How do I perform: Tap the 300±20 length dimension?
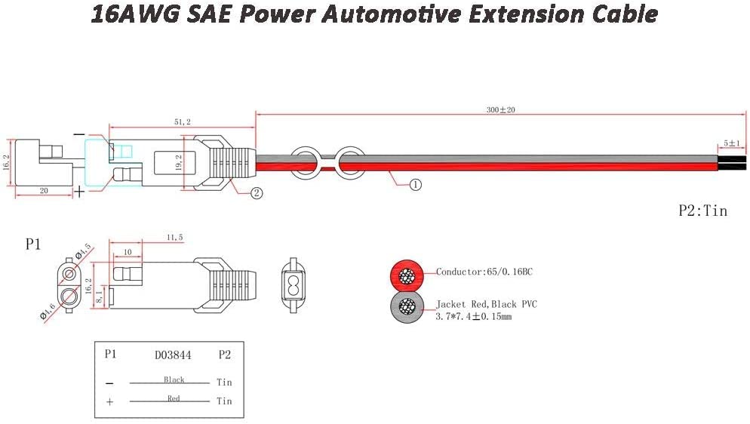tap(500, 110)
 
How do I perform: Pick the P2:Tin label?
tap(702, 211)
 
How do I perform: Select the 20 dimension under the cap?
tap(44, 192)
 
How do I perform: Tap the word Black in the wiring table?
tap(174, 379)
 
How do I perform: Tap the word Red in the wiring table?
tap(174, 398)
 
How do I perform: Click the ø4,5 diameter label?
tap(82, 250)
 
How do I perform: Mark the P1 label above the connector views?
tap(32, 245)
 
